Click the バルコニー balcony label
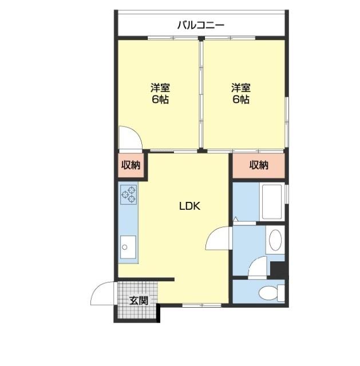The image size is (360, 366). click(201, 25)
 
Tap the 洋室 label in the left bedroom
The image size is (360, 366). click(160, 87)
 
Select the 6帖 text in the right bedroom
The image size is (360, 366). click(241, 100)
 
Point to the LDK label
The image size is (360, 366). click(189, 206)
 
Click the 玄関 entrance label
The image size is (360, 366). click(139, 300)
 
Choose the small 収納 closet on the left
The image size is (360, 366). click(130, 165)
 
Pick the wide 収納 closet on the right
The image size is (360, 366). click(259, 165)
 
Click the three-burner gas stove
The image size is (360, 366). click(128, 194)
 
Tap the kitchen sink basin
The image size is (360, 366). click(128, 247)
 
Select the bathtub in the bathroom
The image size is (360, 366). click(272, 202)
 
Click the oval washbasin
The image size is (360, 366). click(275, 240)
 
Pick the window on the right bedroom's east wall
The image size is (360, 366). click(287, 122)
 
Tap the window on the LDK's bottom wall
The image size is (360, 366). click(202, 305)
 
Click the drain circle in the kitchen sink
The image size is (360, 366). click(125, 247)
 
